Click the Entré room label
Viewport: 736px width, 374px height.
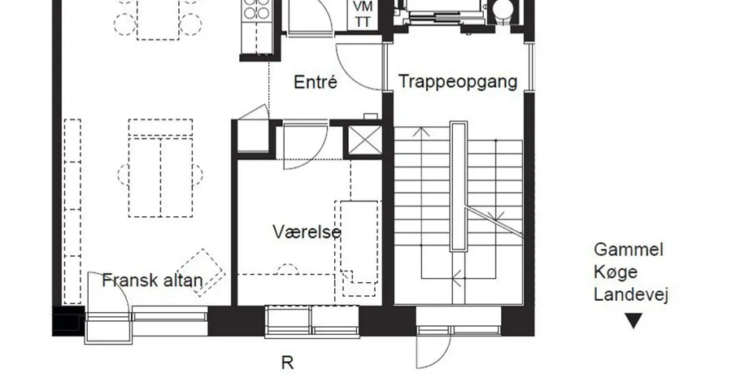click(x=316, y=82)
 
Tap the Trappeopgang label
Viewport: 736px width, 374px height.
click(x=458, y=81)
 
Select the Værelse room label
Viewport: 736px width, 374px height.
click(x=307, y=232)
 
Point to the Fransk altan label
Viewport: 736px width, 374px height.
click(x=153, y=280)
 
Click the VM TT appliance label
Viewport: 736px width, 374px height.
click(x=363, y=14)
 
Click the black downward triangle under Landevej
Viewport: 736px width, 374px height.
click(x=634, y=321)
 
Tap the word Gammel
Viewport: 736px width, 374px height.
click(x=629, y=250)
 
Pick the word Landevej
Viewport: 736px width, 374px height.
click(x=631, y=294)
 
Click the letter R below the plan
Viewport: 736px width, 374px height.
click(x=287, y=363)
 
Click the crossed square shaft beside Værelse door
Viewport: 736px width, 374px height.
click(x=364, y=140)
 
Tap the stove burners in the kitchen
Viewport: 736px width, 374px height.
click(x=256, y=10)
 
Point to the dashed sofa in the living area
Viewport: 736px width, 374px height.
click(x=160, y=168)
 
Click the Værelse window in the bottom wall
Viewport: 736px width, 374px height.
click(x=312, y=321)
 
